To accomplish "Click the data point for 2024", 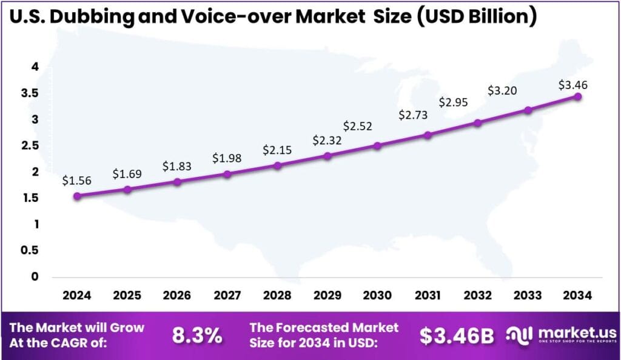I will (77, 196).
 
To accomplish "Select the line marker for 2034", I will (578, 96).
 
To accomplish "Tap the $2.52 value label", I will (357, 126).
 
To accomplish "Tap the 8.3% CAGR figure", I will (197, 335).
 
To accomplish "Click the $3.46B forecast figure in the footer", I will (456, 335).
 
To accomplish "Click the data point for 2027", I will (227, 174).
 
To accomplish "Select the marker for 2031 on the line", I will (428, 135).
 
